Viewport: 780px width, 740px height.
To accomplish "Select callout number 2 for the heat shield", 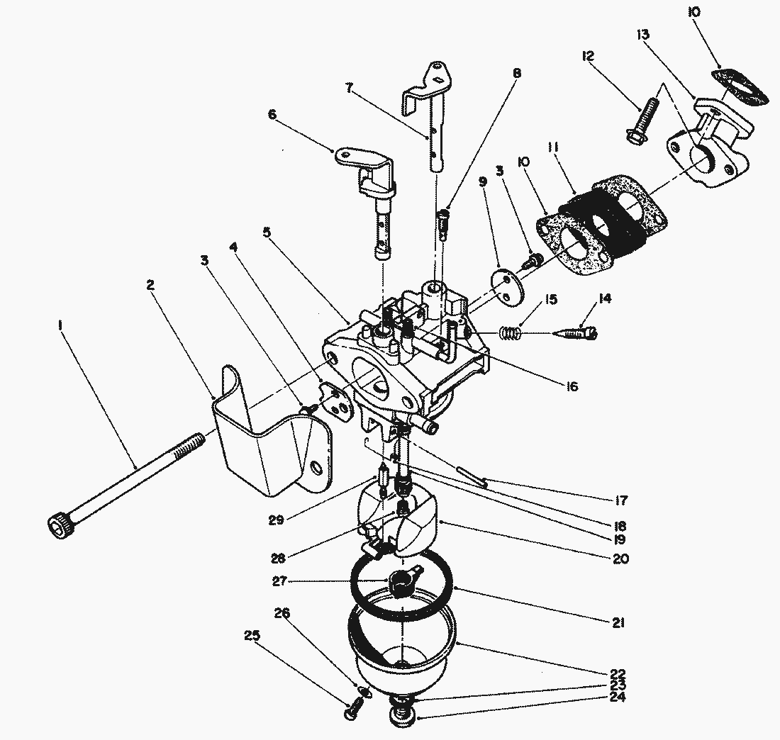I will click(150, 285).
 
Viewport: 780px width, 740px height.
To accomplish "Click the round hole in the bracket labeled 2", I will click(316, 469).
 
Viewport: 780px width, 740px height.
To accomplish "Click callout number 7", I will click(349, 88).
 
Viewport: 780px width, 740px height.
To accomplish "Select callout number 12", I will click(589, 55).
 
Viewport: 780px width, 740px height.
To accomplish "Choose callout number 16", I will click(572, 386).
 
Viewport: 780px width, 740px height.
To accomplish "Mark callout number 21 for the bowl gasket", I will click(618, 623).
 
